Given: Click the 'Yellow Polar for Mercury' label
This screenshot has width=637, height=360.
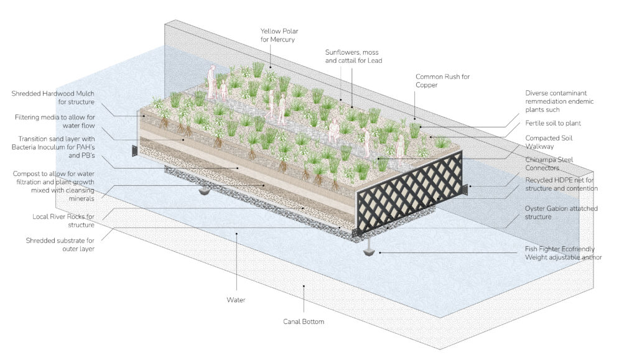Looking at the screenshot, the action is [279, 35].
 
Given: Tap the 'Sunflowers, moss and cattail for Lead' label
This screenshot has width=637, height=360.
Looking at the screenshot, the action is [353, 57].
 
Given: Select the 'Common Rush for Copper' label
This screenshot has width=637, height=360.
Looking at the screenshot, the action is [442, 81].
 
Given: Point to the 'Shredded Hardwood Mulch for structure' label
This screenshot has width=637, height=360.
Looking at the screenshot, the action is [53, 98].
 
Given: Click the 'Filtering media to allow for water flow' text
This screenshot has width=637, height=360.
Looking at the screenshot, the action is [55, 121].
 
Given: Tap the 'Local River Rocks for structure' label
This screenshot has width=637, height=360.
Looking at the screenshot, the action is [63, 221].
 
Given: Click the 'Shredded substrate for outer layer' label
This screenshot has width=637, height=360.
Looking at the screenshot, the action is [60, 245].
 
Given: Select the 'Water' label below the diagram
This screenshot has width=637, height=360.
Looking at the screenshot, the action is [236, 300].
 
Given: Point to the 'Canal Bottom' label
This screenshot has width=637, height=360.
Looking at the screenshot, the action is [304, 321].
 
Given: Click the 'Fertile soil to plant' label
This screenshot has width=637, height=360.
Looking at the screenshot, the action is [553, 123].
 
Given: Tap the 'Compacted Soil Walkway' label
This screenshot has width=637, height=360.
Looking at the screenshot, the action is [549, 142].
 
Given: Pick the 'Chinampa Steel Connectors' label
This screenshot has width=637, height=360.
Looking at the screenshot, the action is [549, 164].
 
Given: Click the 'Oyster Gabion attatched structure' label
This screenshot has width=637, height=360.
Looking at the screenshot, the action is [561, 213].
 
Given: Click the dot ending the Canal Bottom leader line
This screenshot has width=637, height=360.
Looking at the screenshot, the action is [304, 286].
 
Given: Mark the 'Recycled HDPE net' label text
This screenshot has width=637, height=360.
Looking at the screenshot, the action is [561, 184].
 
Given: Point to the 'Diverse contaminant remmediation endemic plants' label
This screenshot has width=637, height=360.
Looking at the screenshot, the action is [559, 101].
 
